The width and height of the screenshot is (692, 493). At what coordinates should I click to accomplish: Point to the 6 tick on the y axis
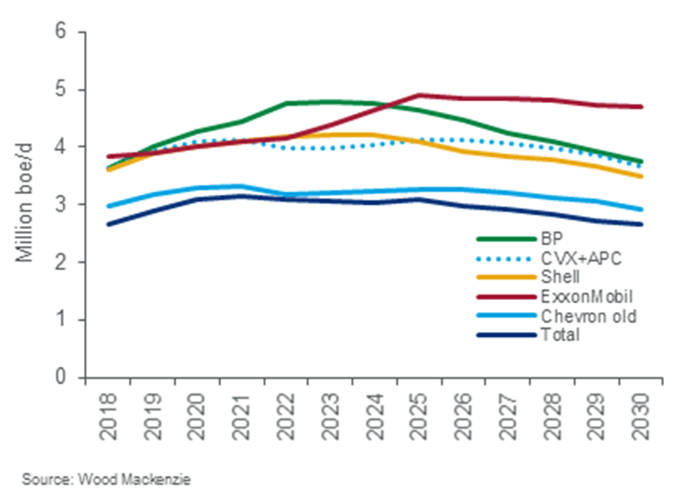pos(67,32)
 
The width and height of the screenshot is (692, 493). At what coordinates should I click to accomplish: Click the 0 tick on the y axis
pos(67,377)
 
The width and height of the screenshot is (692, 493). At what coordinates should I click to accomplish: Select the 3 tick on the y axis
pos(67,205)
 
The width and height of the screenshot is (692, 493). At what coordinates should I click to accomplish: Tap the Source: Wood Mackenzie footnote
pos(106,479)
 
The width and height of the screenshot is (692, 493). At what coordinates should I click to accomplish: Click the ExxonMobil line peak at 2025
pos(419,95)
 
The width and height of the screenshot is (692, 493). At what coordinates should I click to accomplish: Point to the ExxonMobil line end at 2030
pos(640,107)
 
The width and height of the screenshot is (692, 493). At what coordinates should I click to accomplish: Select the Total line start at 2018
pos(109,224)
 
